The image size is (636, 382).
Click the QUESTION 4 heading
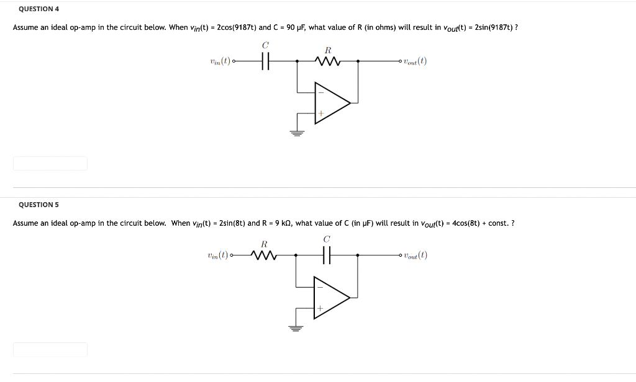(39, 9)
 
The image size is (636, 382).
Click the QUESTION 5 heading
(39, 205)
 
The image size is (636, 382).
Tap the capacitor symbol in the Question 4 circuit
(265, 61)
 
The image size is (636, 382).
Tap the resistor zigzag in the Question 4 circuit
(327, 61)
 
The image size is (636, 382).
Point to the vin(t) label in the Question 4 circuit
(220, 61)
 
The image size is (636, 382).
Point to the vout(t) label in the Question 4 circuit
(415, 61)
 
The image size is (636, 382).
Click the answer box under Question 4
(50, 164)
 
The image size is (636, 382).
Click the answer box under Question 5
(50, 350)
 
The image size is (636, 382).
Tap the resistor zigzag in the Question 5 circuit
(264, 255)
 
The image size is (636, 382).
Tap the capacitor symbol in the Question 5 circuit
(327, 255)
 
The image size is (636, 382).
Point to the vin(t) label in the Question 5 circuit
(217, 255)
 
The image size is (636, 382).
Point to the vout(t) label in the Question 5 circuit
(415, 255)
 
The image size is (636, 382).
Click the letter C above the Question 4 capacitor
(265, 45)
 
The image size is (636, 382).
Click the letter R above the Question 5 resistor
(264, 243)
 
